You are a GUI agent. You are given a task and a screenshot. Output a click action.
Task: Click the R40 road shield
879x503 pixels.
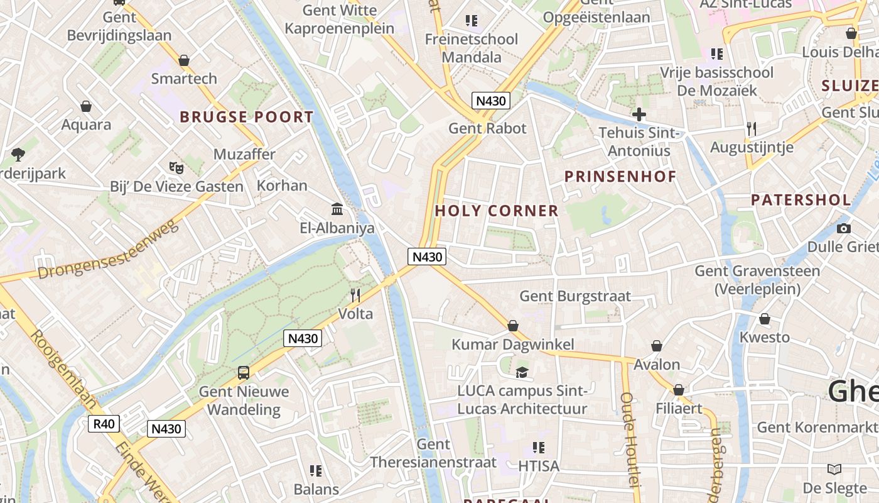(104, 424)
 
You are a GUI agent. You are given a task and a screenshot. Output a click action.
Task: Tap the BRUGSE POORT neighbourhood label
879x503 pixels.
(246, 117)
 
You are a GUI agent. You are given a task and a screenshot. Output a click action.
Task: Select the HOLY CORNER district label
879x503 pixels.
(497, 211)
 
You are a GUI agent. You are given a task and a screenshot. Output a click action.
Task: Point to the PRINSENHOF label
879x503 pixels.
(620, 177)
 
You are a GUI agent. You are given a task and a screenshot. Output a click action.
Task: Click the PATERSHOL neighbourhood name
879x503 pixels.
(801, 201)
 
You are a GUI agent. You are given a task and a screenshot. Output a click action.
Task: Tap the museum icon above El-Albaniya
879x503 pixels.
(337, 209)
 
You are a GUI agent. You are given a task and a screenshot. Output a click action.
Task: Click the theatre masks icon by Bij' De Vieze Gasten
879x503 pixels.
(176, 167)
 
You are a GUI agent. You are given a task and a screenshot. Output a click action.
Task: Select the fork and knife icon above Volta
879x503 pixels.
(355, 295)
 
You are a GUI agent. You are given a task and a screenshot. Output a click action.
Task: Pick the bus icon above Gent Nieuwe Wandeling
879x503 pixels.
(243, 373)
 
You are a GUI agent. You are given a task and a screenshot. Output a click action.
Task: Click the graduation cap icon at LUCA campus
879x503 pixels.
(522, 372)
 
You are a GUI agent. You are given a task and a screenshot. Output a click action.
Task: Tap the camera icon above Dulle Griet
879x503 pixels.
(844, 228)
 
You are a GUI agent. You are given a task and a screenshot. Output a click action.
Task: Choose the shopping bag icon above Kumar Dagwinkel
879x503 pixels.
(513, 326)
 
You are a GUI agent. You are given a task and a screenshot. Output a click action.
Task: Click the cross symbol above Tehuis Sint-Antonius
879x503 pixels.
(639, 114)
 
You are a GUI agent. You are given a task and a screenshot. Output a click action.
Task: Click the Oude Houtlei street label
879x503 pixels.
(628, 439)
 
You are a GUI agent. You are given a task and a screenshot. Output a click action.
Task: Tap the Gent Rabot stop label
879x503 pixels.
(487, 128)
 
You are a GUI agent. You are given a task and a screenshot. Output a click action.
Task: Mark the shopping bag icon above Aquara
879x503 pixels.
(85, 106)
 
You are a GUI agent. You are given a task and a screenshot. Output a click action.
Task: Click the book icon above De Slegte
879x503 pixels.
(834, 469)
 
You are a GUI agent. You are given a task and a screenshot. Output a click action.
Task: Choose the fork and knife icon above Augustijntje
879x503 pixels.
(752, 129)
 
